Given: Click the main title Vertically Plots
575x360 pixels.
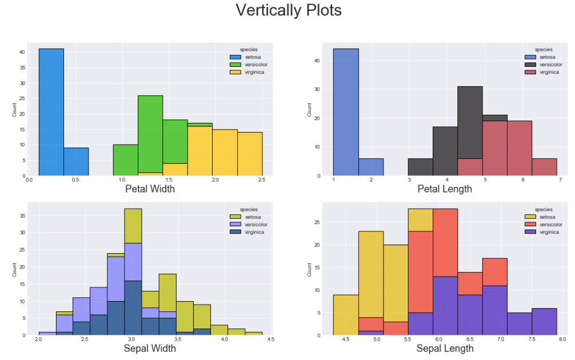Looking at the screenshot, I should (289, 10).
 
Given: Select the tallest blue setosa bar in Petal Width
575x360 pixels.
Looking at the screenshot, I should (51, 112).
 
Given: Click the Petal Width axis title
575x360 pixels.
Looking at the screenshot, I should (150, 189).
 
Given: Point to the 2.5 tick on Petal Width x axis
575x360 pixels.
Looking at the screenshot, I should (262, 180).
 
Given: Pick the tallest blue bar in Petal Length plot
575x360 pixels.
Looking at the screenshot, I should (346, 112).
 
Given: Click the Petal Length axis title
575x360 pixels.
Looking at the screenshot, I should (445, 189).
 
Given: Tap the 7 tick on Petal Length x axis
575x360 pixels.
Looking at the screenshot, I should (560, 180).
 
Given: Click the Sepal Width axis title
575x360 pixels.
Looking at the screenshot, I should (149, 348).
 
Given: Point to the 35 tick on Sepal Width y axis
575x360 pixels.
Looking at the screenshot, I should (22, 215).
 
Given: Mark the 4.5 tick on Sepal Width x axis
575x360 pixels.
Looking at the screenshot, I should (270, 339).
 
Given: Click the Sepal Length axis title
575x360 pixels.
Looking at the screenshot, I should (445, 348).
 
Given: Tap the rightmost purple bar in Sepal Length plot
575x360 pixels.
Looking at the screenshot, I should (544, 321).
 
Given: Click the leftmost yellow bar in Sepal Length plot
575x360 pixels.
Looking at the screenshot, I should (346, 315).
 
